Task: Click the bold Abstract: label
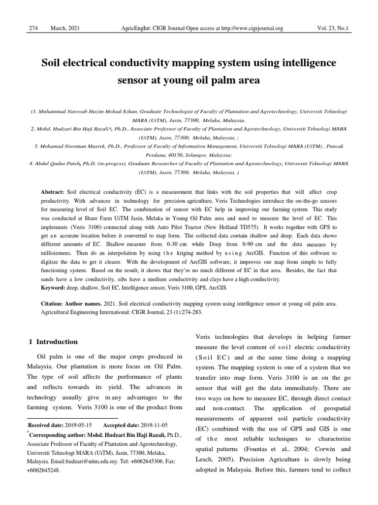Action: pyautogui.click(x=53, y=191)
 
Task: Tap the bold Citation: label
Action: pyautogui.click(x=55, y=304)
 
